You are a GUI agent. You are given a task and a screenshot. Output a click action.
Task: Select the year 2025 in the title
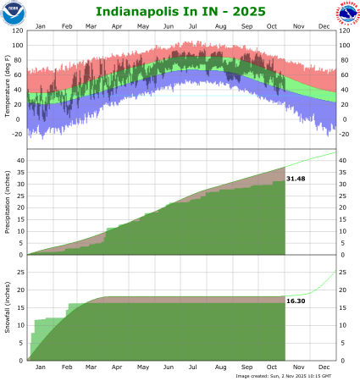click(244, 12)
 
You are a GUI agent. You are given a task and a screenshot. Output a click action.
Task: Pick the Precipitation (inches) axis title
click(7, 202)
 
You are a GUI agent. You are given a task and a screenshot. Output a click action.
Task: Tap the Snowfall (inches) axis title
click(7, 312)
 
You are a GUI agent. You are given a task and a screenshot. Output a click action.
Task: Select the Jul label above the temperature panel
click(195, 26)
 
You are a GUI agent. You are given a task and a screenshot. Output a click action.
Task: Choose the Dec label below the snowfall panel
click(324, 367)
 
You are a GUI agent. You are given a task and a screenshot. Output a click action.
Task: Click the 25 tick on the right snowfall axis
click(343, 273)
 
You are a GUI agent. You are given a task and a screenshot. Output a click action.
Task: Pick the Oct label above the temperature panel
click(273, 26)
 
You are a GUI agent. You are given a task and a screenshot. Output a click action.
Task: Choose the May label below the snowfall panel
click(143, 367)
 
